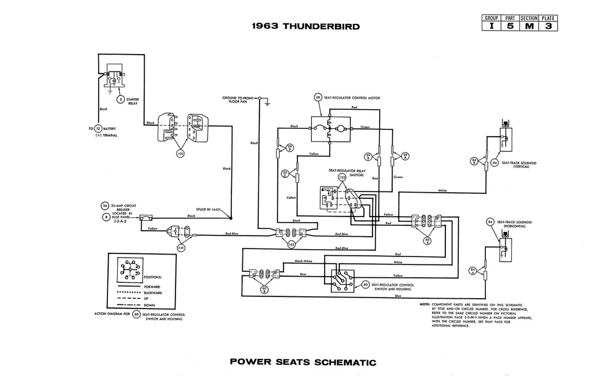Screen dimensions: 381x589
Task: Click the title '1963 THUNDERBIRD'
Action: click(305, 26)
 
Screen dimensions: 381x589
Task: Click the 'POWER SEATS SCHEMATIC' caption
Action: click(303, 361)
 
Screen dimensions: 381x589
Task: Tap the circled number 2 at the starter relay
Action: click(121, 99)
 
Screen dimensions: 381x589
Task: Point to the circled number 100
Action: click(180, 154)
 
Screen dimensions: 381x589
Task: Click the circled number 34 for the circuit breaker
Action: click(106, 206)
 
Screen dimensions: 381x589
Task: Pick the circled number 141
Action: click(181, 247)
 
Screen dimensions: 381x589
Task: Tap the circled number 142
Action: click(291, 244)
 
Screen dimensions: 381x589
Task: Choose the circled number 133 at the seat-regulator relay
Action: click(342, 177)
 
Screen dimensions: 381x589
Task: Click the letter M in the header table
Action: click(529, 26)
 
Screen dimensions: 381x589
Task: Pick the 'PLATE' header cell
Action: click(549, 18)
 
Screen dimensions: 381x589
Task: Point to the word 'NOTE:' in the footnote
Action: click(425, 304)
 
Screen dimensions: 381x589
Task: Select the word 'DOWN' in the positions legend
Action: click(149, 305)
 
